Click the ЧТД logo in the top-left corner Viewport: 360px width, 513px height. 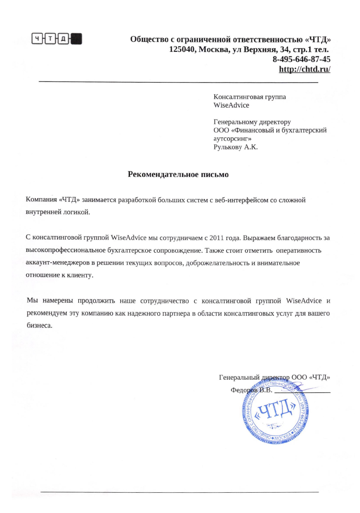pos(56,39)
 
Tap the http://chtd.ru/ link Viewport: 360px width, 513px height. pos(305,69)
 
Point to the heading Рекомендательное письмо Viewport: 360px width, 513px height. pos(179,174)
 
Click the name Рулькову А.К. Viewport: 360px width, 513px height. pos(235,147)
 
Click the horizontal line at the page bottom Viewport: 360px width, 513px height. pos(180,491)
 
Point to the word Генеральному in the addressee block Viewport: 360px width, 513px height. pos(233,122)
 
